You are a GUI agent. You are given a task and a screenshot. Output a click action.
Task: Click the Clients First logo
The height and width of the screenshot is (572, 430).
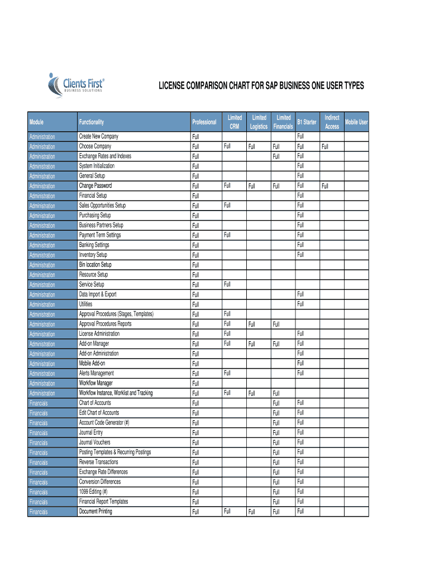click(77, 85)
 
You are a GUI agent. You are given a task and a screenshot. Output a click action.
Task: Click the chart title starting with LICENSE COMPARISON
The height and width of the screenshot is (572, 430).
click(261, 86)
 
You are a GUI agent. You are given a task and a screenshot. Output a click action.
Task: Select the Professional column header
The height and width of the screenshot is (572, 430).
click(204, 122)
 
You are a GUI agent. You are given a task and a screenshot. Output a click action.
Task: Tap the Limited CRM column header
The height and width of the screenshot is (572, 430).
click(235, 122)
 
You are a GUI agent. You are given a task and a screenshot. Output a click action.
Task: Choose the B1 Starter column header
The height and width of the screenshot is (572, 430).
click(307, 122)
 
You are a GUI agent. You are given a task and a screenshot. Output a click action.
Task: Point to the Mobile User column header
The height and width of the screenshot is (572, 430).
click(356, 122)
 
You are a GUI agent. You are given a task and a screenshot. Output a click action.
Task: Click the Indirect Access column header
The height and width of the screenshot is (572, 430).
click(332, 122)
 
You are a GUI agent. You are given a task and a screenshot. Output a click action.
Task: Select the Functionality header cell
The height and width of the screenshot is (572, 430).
click(92, 122)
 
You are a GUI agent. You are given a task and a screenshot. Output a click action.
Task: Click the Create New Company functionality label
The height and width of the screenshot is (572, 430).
click(99, 136)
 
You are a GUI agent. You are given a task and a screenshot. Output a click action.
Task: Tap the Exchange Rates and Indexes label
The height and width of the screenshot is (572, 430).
click(105, 156)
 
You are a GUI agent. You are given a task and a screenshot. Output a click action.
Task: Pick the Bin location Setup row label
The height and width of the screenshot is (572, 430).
click(95, 265)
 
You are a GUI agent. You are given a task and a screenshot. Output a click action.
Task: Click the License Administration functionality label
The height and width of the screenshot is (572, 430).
click(99, 333)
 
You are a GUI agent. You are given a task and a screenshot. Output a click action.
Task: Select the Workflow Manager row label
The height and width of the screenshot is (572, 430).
click(96, 383)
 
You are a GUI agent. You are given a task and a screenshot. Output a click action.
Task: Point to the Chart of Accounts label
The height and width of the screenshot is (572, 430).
click(95, 403)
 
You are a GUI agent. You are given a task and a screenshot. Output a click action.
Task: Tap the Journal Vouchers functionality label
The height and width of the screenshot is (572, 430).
click(95, 442)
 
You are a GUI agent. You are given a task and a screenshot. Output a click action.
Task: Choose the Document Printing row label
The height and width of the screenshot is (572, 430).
click(95, 511)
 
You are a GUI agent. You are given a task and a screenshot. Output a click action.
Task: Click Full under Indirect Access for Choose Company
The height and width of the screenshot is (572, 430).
click(326, 147)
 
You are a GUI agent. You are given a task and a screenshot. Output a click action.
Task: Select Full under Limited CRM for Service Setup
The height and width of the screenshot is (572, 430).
click(227, 284)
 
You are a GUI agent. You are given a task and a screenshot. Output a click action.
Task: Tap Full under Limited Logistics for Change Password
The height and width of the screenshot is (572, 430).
click(252, 186)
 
